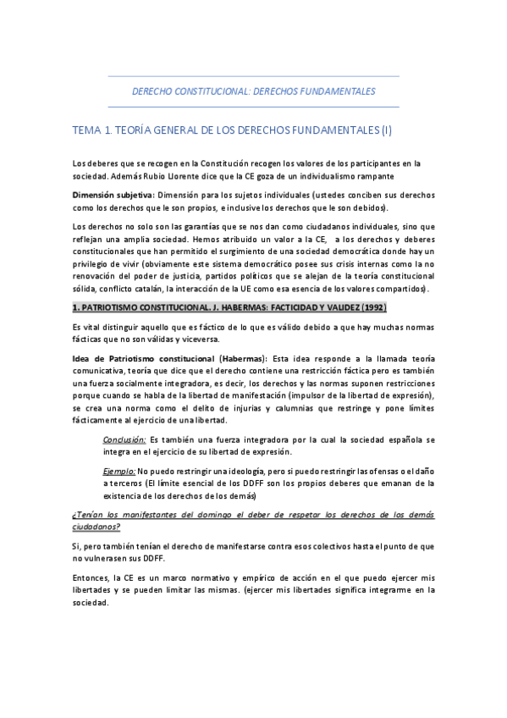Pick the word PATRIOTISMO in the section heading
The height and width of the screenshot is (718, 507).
(112, 308)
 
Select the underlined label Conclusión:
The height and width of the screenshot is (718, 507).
(124, 440)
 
